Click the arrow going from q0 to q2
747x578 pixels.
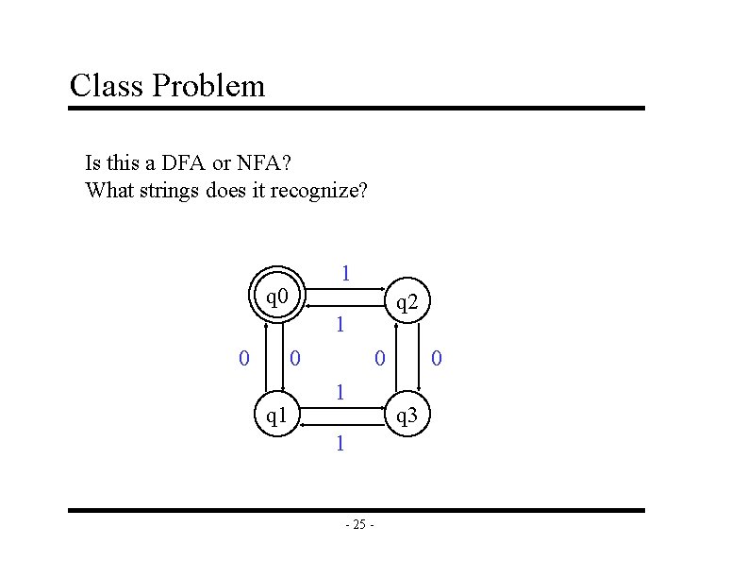tap(343, 291)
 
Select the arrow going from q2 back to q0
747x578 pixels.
tap(343, 308)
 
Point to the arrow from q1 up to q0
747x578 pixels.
tap(269, 356)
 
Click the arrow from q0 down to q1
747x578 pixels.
tap(286, 356)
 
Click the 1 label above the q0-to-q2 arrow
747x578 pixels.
tap(345, 274)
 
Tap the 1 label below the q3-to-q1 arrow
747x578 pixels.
tap(340, 442)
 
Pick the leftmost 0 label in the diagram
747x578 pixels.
tap(244, 358)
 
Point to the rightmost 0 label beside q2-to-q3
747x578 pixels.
tap(436, 358)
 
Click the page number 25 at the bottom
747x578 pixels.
tap(359, 525)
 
